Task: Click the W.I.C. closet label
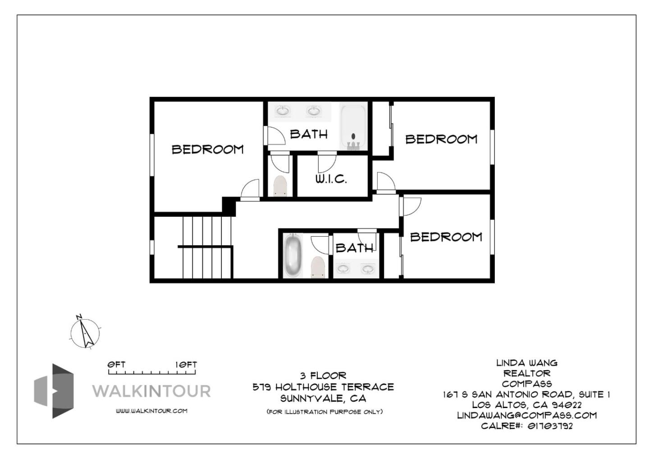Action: [x=331, y=179]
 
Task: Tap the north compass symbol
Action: [x=85, y=333]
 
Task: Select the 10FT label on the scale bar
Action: [x=186, y=364]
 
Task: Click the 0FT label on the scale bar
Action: [x=116, y=364]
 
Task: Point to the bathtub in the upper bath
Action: [x=353, y=127]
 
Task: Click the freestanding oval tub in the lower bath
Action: [x=293, y=255]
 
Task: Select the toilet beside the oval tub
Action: [x=318, y=267]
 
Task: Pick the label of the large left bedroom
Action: [x=208, y=149]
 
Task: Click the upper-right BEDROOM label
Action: [x=441, y=139]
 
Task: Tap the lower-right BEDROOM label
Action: [x=446, y=237]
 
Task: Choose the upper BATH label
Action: [x=309, y=134]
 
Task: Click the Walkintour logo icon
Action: [x=54, y=391]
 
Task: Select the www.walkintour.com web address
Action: [x=151, y=411]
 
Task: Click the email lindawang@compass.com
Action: [x=526, y=415]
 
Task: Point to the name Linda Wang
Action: [x=526, y=363]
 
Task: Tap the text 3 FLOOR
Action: [x=323, y=376]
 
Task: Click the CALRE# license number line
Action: [x=526, y=426]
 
